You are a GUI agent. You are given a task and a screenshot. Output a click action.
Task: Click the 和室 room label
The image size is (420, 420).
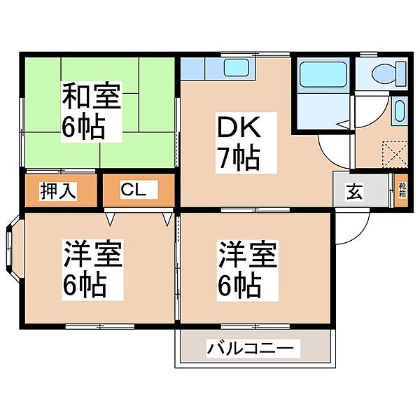coord(94,97)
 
